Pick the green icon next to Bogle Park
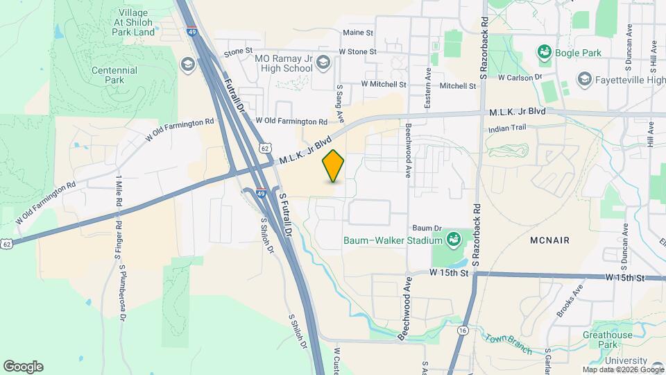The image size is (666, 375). coord(544,52)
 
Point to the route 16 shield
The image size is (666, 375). coord(462,331)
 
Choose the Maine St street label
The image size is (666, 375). coord(358,33)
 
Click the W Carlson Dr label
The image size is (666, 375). coord(520,77)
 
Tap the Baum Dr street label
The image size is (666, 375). coord(427,228)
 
